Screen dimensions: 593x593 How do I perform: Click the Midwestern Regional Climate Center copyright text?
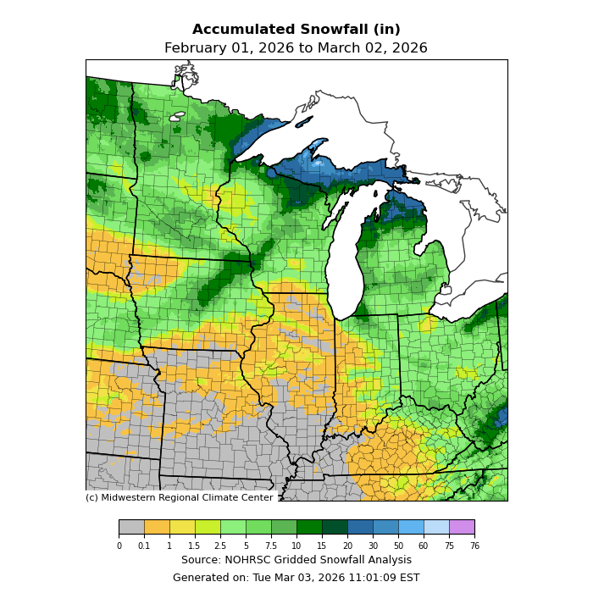179,498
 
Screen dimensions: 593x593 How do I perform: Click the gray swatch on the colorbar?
131,527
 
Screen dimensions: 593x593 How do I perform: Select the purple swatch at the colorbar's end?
462,527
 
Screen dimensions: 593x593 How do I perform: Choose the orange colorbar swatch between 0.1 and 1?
157,527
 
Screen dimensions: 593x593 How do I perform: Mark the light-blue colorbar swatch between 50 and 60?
411,527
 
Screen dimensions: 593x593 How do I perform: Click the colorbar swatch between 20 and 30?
360,527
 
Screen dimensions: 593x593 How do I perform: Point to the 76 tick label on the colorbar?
474,546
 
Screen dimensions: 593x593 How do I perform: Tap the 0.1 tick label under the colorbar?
144,546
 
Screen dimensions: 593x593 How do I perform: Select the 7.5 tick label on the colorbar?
271,546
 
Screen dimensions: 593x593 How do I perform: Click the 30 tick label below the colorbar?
373,546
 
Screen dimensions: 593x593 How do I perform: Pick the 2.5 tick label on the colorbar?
220,546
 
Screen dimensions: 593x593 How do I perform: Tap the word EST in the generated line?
407,578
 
